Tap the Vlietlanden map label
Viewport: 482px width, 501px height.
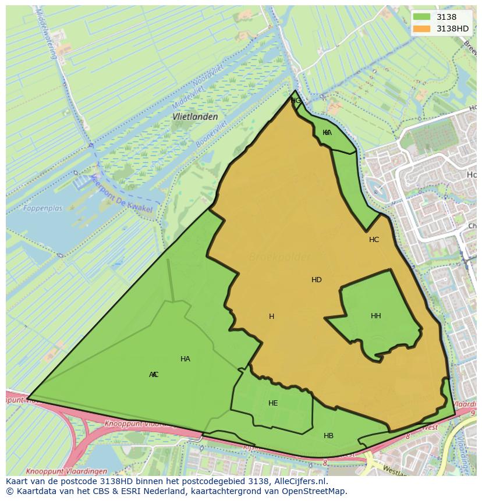pyautogui.click(x=195, y=116)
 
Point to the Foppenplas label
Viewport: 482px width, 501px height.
pyautogui.click(x=42, y=208)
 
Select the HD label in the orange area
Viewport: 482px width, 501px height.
pyautogui.click(x=316, y=280)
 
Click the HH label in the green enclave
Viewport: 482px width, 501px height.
pyautogui.click(x=375, y=316)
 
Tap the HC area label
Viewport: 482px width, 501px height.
pyautogui.click(x=374, y=240)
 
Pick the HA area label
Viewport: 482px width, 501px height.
pyautogui.click(x=185, y=359)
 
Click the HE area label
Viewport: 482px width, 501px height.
pyautogui.click(x=273, y=403)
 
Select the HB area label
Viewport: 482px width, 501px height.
pyautogui.click(x=328, y=436)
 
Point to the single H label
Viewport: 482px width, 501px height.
pyautogui.click(x=271, y=317)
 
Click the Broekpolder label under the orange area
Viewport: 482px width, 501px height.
pyautogui.click(x=279, y=257)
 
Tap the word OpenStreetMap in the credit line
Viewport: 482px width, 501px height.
pyautogui.click(x=315, y=491)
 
